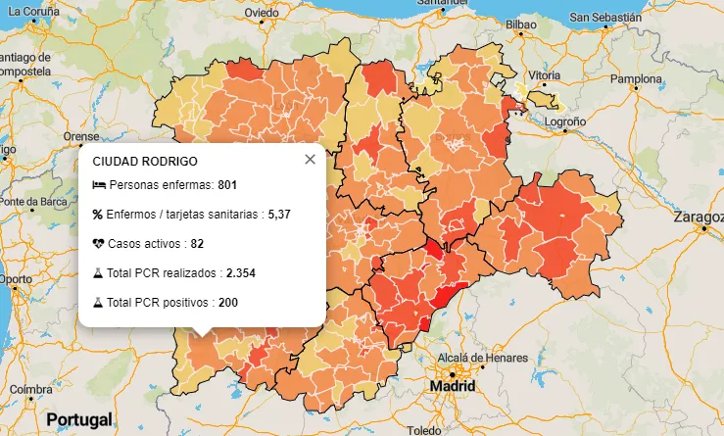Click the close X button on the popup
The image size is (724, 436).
(x=310, y=160)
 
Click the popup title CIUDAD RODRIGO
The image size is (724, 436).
(x=145, y=161)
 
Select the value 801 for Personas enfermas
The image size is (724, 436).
(x=228, y=185)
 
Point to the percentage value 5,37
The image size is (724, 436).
(x=280, y=214)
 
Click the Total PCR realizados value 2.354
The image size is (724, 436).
(x=240, y=273)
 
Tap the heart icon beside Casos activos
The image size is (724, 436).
(x=98, y=243)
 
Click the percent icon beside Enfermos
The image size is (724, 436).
(x=98, y=214)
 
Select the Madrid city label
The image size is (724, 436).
(x=452, y=387)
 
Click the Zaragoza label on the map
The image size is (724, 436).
(x=700, y=217)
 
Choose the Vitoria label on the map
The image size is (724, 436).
(x=544, y=75)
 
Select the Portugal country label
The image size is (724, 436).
(x=79, y=419)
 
